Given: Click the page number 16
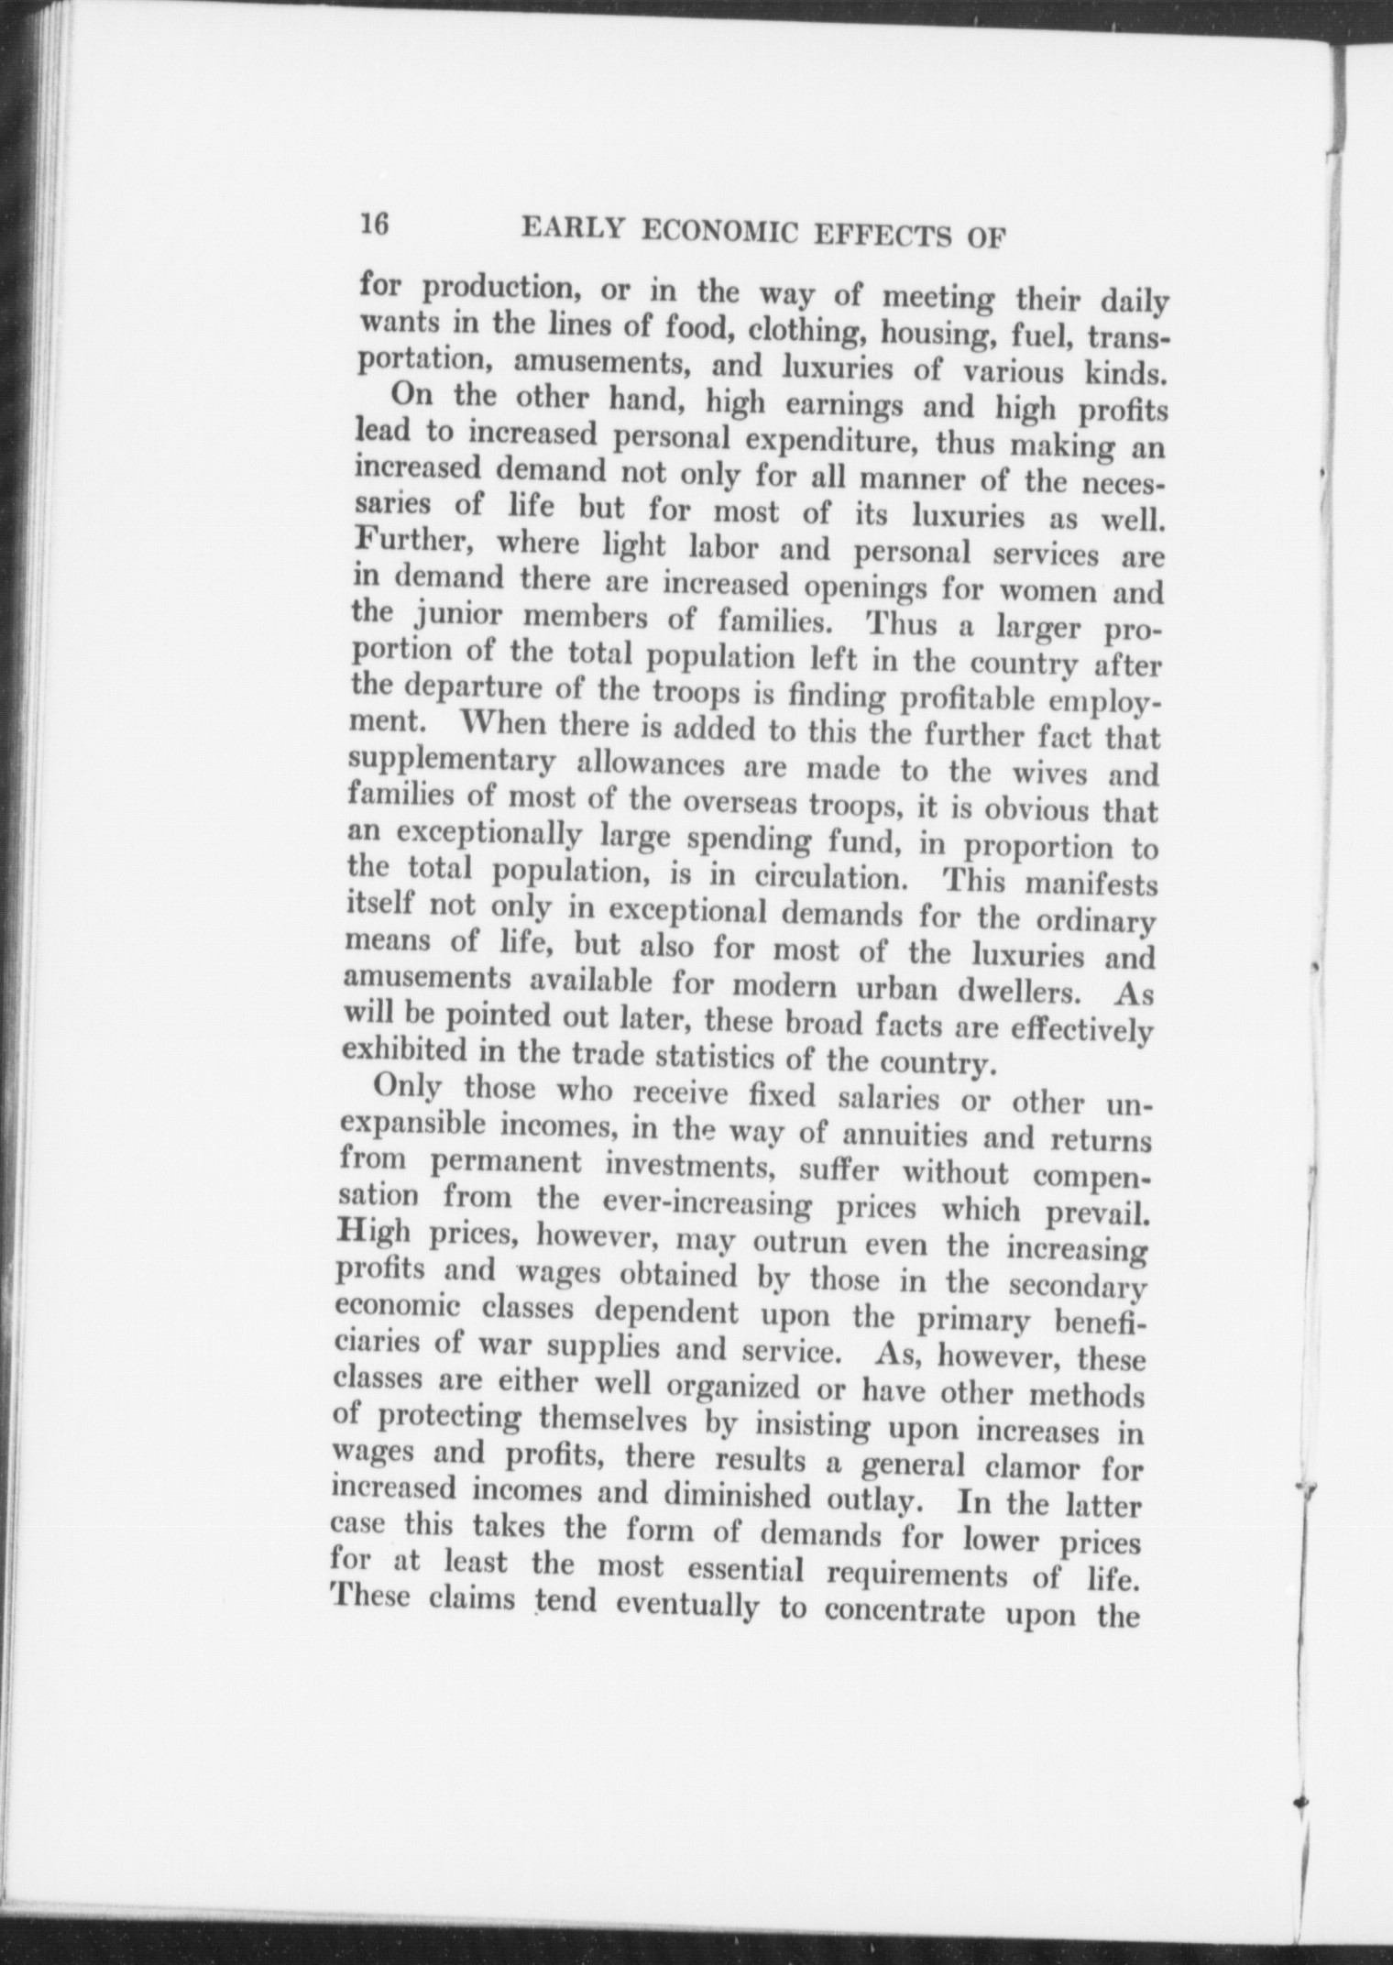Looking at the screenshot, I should (x=376, y=224).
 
